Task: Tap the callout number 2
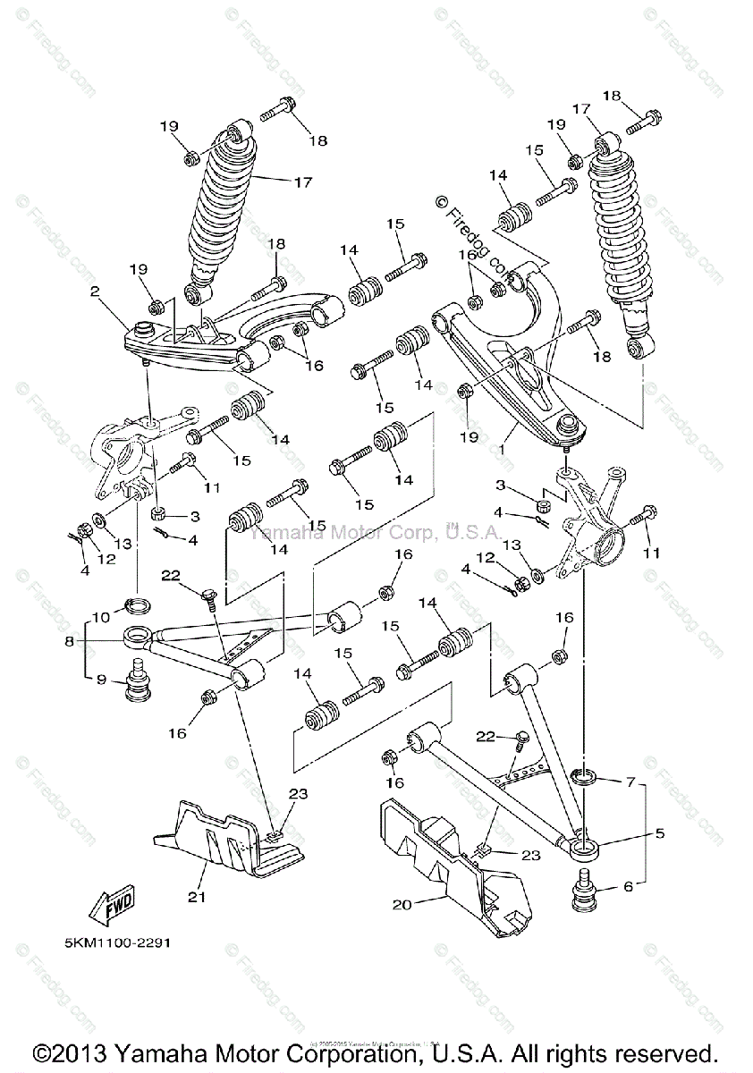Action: pyautogui.click(x=94, y=291)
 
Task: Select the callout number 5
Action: pyautogui.click(x=660, y=833)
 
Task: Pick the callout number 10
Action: pyautogui.click(x=98, y=616)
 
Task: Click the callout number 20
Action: pyautogui.click(x=402, y=904)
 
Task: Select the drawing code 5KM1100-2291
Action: pyautogui.click(x=118, y=943)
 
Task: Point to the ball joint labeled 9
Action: pyautogui.click(x=139, y=682)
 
